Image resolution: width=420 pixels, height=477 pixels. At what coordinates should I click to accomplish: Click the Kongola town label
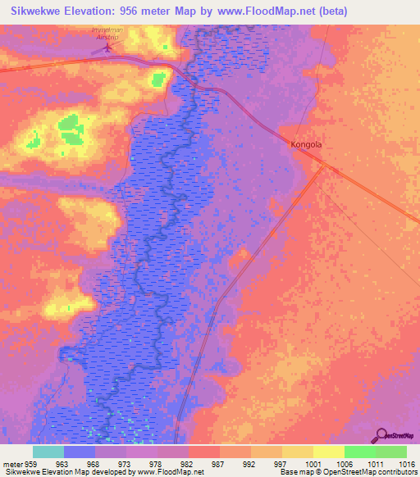point(306,144)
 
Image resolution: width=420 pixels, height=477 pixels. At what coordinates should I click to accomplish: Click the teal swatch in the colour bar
point(48,452)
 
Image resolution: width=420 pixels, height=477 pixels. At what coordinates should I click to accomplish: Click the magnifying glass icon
point(381,434)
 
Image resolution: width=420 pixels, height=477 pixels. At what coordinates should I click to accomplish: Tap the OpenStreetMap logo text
point(400,435)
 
